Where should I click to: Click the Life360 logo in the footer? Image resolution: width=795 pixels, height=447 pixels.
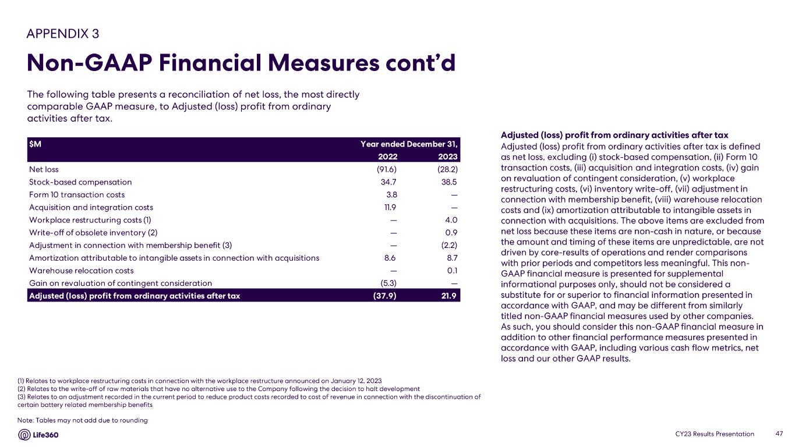pyautogui.click(x=38, y=435)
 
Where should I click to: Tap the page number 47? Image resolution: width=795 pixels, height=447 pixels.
pyautogui.click(x=780, y=434)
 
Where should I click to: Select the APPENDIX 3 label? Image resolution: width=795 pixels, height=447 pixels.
pyautogui.click(x=63, y=33)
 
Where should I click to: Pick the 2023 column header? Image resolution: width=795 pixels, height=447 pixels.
pyautogui.click(x=447, y=157)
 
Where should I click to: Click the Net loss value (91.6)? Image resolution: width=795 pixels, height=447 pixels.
pyautogui.click(x=385, y=169)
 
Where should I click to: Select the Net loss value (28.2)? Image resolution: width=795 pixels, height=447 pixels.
pyautogui.click(x=446, y=169)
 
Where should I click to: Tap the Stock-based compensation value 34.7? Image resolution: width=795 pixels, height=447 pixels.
pyautogui.click(x=388, y=182)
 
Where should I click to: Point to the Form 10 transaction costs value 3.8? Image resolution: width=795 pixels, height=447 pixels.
pyautogui.click(x=391, y=194)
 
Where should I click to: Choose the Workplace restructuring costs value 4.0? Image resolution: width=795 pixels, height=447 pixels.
pyautogui.click(x=451, y=220)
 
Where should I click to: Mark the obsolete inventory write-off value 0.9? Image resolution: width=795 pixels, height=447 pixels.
pyautogui.click(x=451, y=233)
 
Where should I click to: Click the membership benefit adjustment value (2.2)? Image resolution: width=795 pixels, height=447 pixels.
pyautogui.click(x=447, y=245)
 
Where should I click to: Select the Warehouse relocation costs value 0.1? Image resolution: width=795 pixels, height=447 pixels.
pyautogui.click(x=452, y=271)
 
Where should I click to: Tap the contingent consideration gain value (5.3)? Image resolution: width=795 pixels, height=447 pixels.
pyautogui.click(x=387, y=283)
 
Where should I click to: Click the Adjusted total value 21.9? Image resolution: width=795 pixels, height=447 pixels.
pyautogui.click(x=448, y=296)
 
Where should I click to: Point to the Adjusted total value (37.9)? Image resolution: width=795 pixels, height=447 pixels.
pyautogui.click(x=385, y=296)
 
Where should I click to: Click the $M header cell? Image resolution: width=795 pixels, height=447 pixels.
pyautogui.click(x=35, y=144)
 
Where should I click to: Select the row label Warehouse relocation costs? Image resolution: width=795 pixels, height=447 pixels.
pyautogui.click(x=81, y=271)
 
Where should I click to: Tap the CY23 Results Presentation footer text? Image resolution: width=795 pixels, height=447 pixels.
pyautogui.click(x=715, y=434)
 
